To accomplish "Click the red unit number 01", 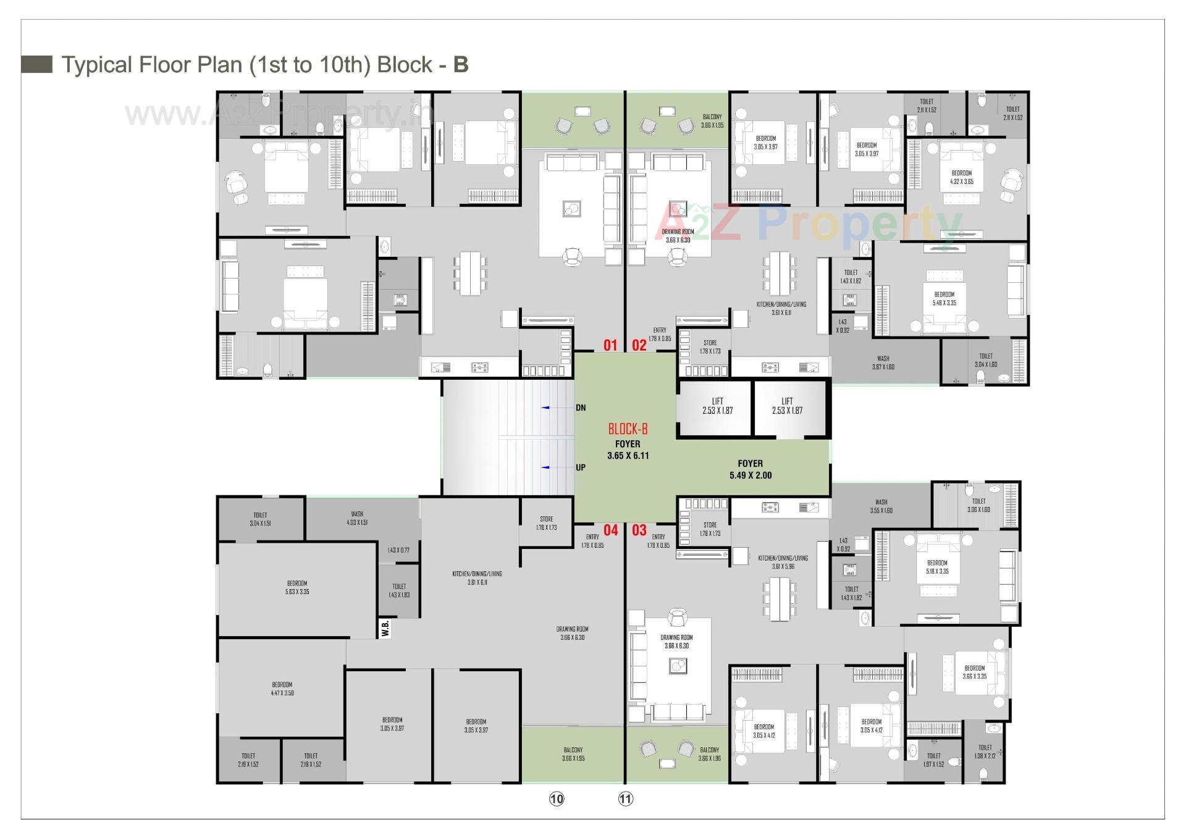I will point(610,345).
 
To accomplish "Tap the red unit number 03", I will point(639,530).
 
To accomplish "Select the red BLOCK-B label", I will point(628,429).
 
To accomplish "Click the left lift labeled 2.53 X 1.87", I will point(717,406).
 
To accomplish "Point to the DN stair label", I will point(581,408).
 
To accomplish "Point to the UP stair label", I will point(581,467).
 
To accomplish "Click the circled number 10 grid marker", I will point(557,799).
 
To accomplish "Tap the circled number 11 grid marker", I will point(625,799).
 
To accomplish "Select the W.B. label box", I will point(385,629).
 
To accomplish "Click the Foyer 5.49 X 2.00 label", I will point(750,469).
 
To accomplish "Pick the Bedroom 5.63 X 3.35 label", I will point(297,587).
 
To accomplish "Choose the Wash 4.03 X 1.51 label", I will point(357,518).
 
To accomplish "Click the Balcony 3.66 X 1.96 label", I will point(709,754).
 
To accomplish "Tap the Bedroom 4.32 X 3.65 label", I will point(961,177).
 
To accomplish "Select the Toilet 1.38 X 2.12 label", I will point(985,752).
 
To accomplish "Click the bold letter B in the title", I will point(460,65).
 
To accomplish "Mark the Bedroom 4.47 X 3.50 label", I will point(282,689).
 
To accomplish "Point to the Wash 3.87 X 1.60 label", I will point(883,362).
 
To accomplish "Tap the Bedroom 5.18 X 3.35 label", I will point(937,567).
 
